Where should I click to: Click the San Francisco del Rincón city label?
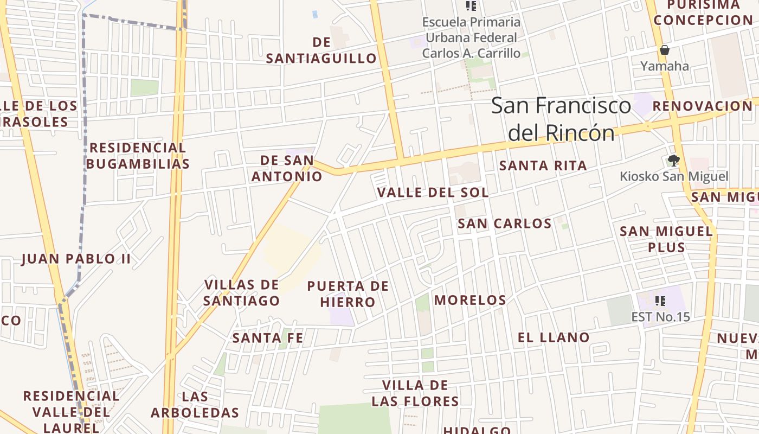[561, 119]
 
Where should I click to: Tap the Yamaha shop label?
[665, 66]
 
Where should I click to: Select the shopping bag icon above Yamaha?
[665, 50]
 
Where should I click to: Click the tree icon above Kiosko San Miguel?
[674, 160]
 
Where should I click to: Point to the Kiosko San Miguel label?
[674, 176]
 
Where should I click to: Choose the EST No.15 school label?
[660, 316]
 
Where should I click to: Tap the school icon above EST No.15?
[660, 301]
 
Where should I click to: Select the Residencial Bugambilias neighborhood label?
[138, 156]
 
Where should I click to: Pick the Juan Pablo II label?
[76, 259]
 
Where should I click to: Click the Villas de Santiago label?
[242, 292]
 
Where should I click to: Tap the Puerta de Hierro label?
[348, 294]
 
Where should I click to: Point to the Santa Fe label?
[267, 338]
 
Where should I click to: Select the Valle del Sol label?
[433, 193]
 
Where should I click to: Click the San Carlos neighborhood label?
[504, 224]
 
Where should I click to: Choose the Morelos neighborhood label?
[470, 300]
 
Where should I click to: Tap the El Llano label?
[554, 337]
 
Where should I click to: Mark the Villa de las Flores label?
[415, 393]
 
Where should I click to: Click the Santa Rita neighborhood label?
[543, 165]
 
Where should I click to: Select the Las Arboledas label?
[195, 405]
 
